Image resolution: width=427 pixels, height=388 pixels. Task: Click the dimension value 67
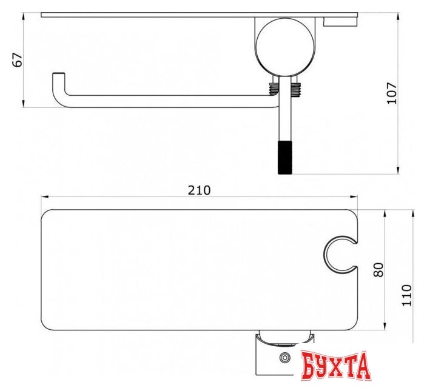(x=18, y=59)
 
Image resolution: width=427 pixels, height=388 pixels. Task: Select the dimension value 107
(x=392, y=93)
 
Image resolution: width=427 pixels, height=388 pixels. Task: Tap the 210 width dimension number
(x=199, y=190)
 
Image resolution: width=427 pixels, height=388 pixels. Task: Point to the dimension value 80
(x=378, y=270)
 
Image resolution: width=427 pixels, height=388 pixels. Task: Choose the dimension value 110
(x=407, y=295)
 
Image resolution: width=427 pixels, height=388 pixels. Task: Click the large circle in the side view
(x=285, y=47)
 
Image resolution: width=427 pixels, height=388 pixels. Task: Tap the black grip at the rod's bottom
(x=285, y=158)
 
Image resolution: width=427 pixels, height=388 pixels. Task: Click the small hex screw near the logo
(x=285, y=357)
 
